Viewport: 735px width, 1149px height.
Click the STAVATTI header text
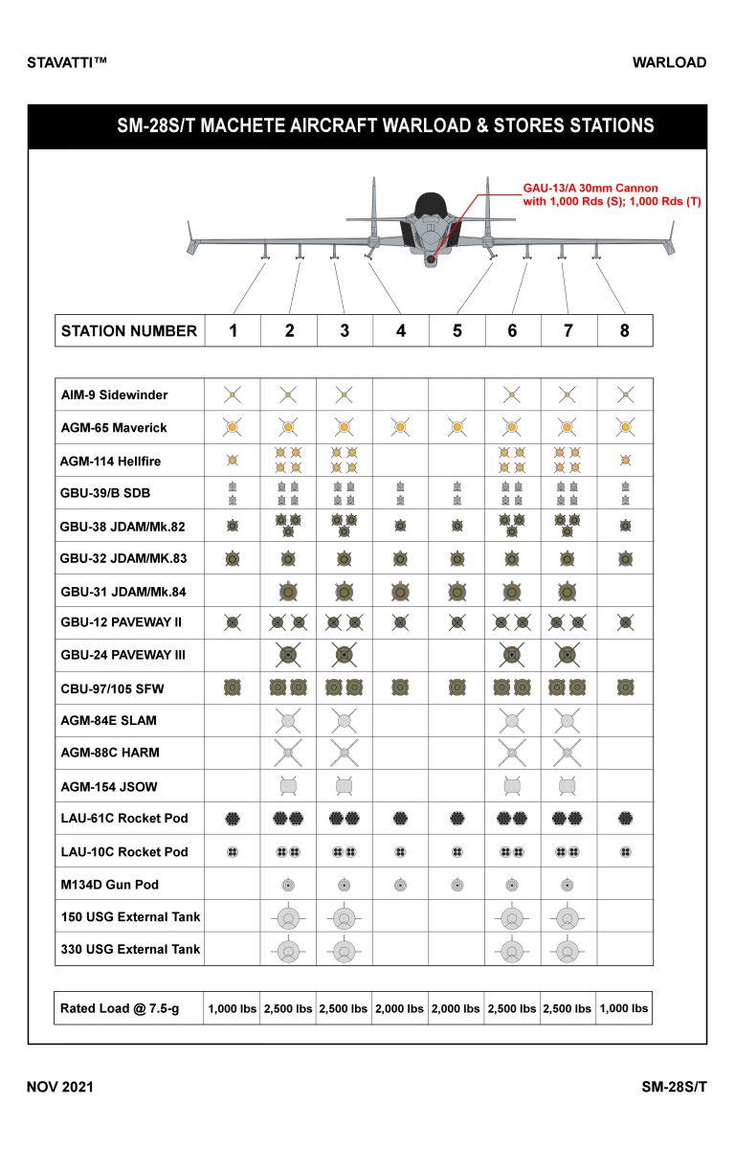(67, 63)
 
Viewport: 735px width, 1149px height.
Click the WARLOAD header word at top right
(669, 63)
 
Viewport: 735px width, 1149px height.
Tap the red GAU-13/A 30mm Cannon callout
(590, 195)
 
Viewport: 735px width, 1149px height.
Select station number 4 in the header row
(400, 330)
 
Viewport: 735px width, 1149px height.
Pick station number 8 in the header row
(624, 330)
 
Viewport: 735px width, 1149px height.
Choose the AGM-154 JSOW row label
(108, 786)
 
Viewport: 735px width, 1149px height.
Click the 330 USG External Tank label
(130, 949)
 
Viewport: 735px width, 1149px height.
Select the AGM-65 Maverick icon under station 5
(457, 426)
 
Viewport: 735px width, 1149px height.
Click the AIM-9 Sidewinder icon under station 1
(232, 394)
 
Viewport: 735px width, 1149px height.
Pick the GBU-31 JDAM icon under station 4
(400, 590)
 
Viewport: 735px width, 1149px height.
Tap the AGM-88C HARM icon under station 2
(288, 753)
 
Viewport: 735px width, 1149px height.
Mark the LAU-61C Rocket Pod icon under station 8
(625, 819)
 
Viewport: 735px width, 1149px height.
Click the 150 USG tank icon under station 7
(568, 917)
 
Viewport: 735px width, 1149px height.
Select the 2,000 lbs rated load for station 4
(400, 1008)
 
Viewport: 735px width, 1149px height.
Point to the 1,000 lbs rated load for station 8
(624, 1008)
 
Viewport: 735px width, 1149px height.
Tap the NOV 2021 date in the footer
(59, 1087)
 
